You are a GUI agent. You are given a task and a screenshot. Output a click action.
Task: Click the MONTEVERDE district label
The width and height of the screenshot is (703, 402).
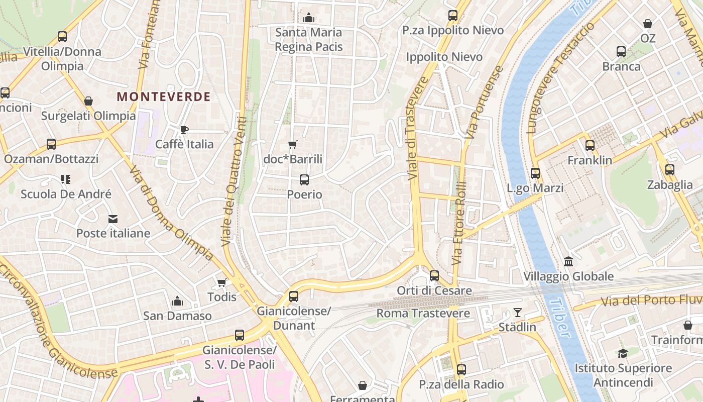click(164, 96)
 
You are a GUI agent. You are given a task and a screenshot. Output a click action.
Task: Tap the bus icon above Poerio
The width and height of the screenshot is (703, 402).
click(304, 179)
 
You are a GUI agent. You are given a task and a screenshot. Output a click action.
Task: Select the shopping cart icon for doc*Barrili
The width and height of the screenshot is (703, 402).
click(293, 145)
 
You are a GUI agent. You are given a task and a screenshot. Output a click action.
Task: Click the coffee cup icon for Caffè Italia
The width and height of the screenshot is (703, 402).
click(184, 130)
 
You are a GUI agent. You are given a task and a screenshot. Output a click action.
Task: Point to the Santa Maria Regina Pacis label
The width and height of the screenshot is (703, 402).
click(308, 40)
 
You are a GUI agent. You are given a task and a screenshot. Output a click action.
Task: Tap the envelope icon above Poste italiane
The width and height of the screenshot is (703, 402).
click(113, 219)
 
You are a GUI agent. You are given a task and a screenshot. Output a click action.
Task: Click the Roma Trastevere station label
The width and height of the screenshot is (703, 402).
click(423, 313)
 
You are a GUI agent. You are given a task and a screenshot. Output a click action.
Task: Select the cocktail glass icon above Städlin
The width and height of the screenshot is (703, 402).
click(517, 313)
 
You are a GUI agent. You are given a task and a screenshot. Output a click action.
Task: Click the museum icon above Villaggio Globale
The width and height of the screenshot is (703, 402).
click(568, 261)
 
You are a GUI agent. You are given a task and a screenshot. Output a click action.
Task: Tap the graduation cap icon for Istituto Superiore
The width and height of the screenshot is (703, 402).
click(623, 353)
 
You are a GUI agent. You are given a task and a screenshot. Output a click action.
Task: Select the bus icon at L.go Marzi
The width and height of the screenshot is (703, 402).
click(535, 173)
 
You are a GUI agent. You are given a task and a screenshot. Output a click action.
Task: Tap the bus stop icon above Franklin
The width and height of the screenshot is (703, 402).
click(590, 146)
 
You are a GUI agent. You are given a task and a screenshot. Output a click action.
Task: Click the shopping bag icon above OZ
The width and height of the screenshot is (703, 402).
click(648, 24)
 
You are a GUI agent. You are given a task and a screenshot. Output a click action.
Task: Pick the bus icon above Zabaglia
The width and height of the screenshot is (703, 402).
click(669, 170)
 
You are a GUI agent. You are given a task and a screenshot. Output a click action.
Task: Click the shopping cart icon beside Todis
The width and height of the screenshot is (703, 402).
click(222, 282)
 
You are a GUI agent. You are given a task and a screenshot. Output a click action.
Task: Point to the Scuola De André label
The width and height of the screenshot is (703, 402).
click(66, 194)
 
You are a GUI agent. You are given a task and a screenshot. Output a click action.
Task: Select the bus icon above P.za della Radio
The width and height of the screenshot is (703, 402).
click(461, 370)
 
